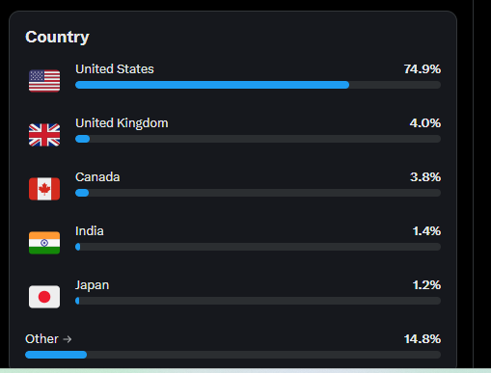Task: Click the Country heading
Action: pos(57,37)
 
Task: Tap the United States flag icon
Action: pos(44,81)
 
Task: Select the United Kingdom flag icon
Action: pos(44,135)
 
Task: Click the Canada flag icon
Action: pos(44,189)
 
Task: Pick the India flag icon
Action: pos(44,243)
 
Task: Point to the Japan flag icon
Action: pos(44,297)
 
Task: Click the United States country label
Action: pos(114,69)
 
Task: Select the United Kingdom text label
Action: pos(122,123)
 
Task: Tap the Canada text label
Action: pos(97,177)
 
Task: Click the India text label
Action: pos(90,231)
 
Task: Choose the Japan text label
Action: pos(92,285)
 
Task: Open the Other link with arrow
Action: pos(48,339)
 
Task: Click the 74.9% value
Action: pos(422,69)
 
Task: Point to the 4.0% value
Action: pos(424,123)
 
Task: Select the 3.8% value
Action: pos(424,177)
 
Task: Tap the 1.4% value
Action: pos(425,231)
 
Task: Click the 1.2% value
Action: pos(425,285)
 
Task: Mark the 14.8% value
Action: pos(422,339)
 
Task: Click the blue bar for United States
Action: pos(212,85)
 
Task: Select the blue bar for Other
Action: pos(56,355)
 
